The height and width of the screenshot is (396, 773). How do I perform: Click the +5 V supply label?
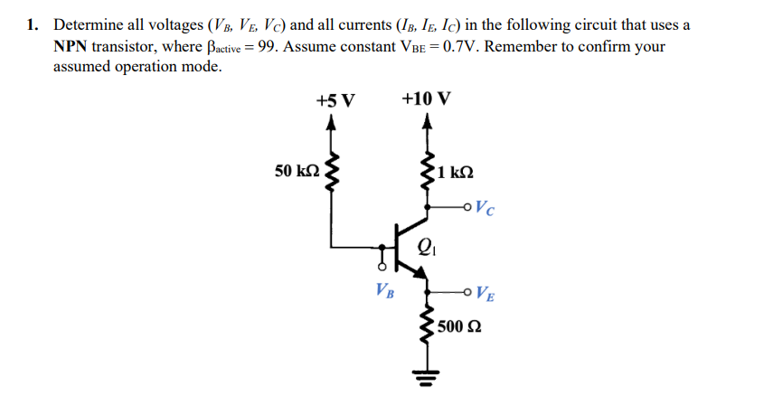point(335,99)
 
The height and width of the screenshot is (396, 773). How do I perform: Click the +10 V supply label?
point(426,99)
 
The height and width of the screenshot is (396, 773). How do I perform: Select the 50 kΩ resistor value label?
point(297,170)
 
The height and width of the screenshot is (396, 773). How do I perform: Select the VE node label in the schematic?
point(484,293)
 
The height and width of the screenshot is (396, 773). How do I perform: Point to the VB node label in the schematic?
point(384,292)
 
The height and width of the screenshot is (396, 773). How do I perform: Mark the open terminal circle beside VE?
point(467,291)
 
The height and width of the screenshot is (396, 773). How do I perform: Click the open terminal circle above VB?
point(382,269)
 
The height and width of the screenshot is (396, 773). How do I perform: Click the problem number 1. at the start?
point(33,24)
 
